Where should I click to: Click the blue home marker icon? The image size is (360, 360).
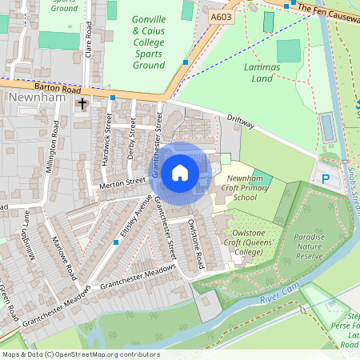tap(180, 172)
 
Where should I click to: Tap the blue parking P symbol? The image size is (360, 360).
tap(326, 179)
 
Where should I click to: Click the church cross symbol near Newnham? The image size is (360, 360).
tap(82, 104)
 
